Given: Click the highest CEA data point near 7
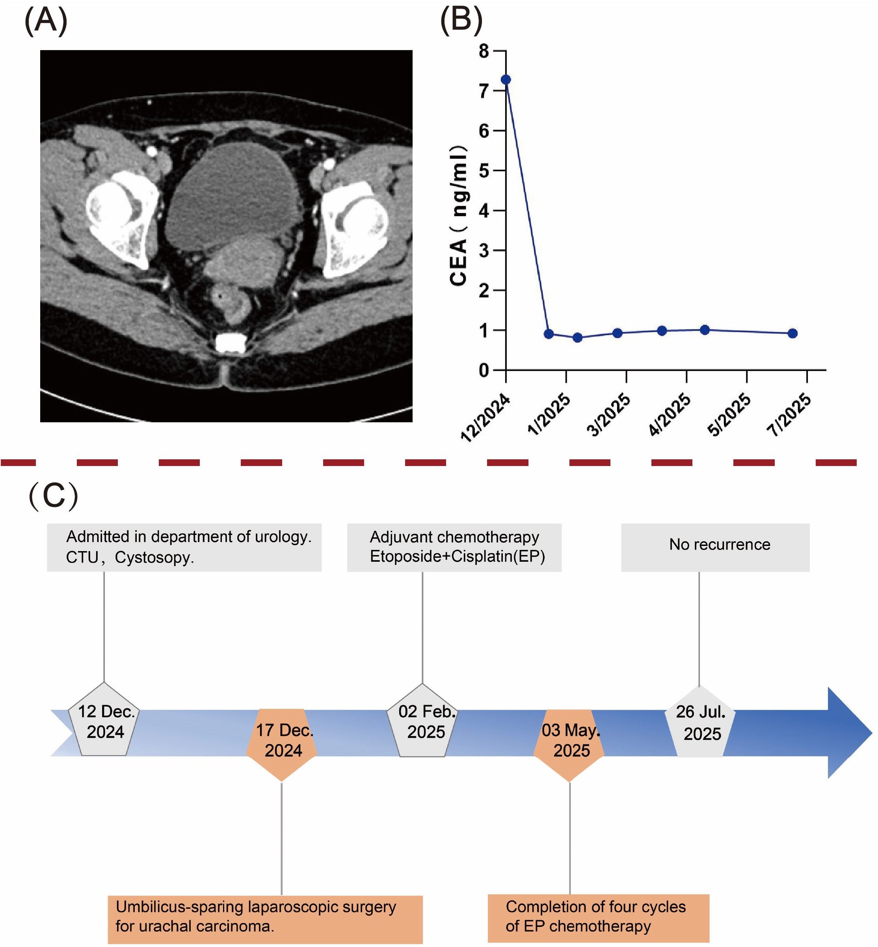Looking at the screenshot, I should pyautogui.click(x=506, y=79).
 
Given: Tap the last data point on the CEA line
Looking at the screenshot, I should pyautogui.click(x=792, y=333).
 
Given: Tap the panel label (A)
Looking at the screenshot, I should pyautogui.click(x=46, y=22).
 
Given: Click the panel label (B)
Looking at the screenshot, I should pyautogui.click(x=461, y=22).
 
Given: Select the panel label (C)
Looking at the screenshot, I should pyautogui.click(x=53, y=496).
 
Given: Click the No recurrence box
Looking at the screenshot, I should pyautogui.click(x=715, y=547).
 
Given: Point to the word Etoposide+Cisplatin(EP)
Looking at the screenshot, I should pyautogui.click(x=457, y=557).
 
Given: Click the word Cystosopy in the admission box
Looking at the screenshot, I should pyautogui.click(x=154, y=557).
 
